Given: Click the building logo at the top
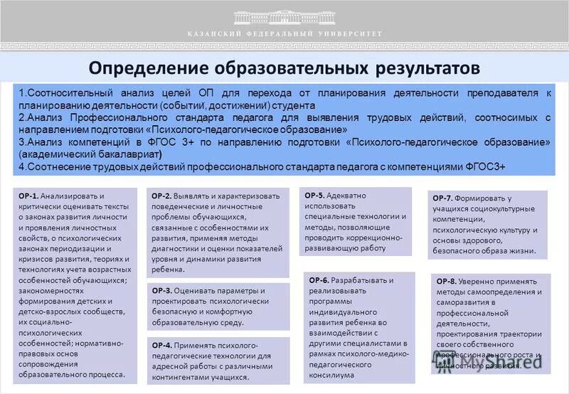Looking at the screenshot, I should pos(284,16).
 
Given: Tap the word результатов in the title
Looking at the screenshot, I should pos(421,68).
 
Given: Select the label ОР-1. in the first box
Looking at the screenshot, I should pos(28,196).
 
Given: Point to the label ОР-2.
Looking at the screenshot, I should pos(161,196).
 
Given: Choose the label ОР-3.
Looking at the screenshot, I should pos(161,291).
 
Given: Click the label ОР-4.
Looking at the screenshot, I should pos(161,345).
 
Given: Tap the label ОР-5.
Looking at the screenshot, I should pos(314,195).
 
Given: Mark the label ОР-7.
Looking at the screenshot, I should pos(442,198).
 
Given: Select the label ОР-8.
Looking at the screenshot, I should pos(447,282).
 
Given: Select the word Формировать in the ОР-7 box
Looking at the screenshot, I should pos(480,198).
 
